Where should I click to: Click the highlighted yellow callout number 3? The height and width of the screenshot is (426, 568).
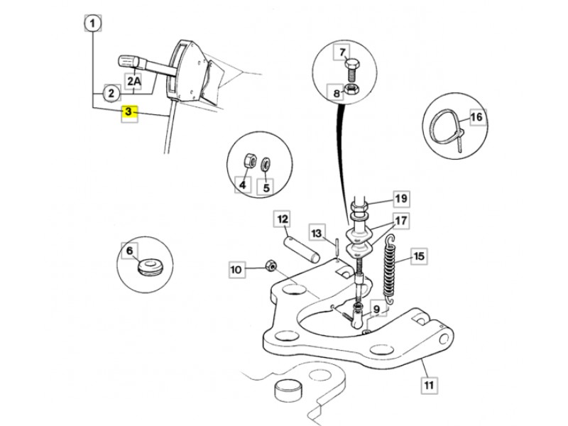(x=129, y=113)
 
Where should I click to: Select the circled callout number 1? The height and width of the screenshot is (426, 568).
(x=93, y=23)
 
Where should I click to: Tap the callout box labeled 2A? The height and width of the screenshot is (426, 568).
(x=133, y=82)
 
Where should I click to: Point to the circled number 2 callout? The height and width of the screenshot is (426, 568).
(x=111, y=94)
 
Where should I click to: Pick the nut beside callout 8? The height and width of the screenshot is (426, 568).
(x=351, y=89)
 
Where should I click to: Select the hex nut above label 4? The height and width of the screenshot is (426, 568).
(x=250, y=160)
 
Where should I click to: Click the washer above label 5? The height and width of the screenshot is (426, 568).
(x=266, y=163)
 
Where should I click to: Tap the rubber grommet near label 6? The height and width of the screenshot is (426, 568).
(x=151, y=265)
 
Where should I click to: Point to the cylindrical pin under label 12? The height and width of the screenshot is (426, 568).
(x=302, y=249)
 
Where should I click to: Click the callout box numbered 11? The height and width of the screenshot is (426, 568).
(x=429, y=384)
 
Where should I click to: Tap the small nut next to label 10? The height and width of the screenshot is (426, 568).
(x=271, y=266)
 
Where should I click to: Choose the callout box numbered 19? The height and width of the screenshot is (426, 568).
(x=401, y=199)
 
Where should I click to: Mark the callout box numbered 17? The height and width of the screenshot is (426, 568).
(x=400, y=220)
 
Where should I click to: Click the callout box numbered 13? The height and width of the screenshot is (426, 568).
(x=317, y=234)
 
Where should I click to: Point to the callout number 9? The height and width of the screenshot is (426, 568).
(x=377, y=309)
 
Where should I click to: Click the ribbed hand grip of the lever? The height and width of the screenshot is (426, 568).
(x=129, y=62)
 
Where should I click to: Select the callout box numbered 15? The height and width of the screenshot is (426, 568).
(x=419, y=256)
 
